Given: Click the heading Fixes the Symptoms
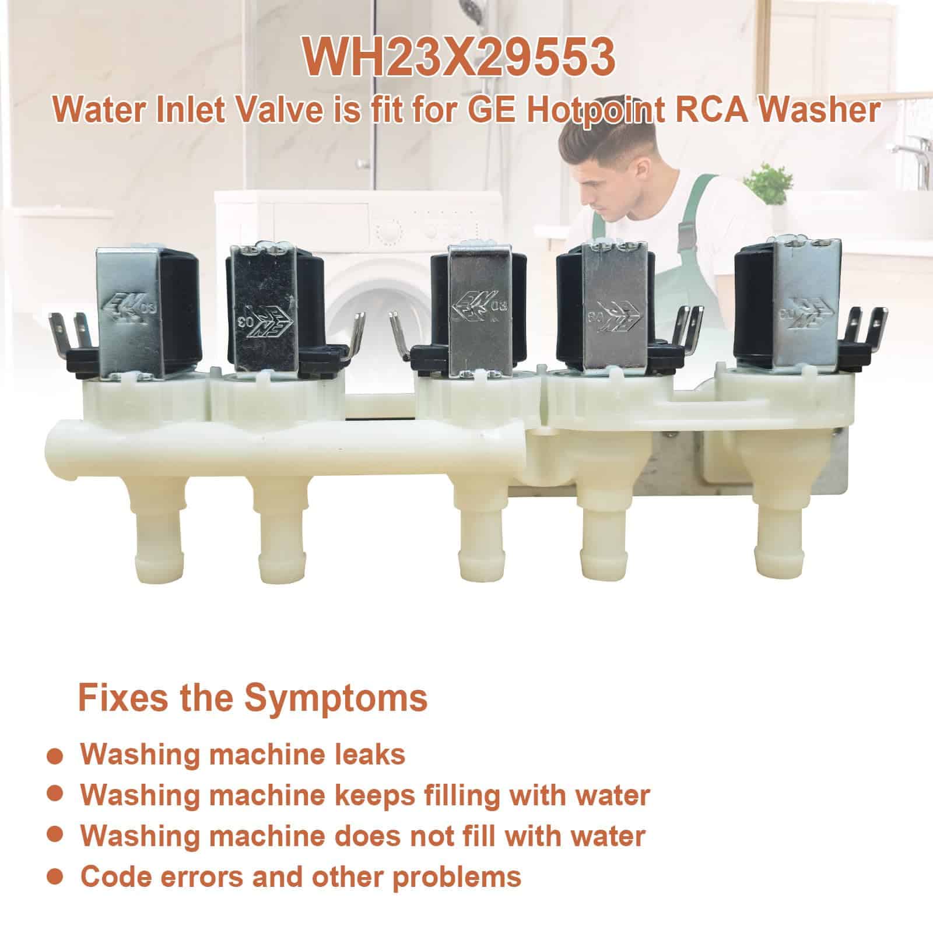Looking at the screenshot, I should [x=252, y=699].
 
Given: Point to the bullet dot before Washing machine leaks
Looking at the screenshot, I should [x=54, y=755].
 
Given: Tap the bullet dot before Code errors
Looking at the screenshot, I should [x=54, y=875].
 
